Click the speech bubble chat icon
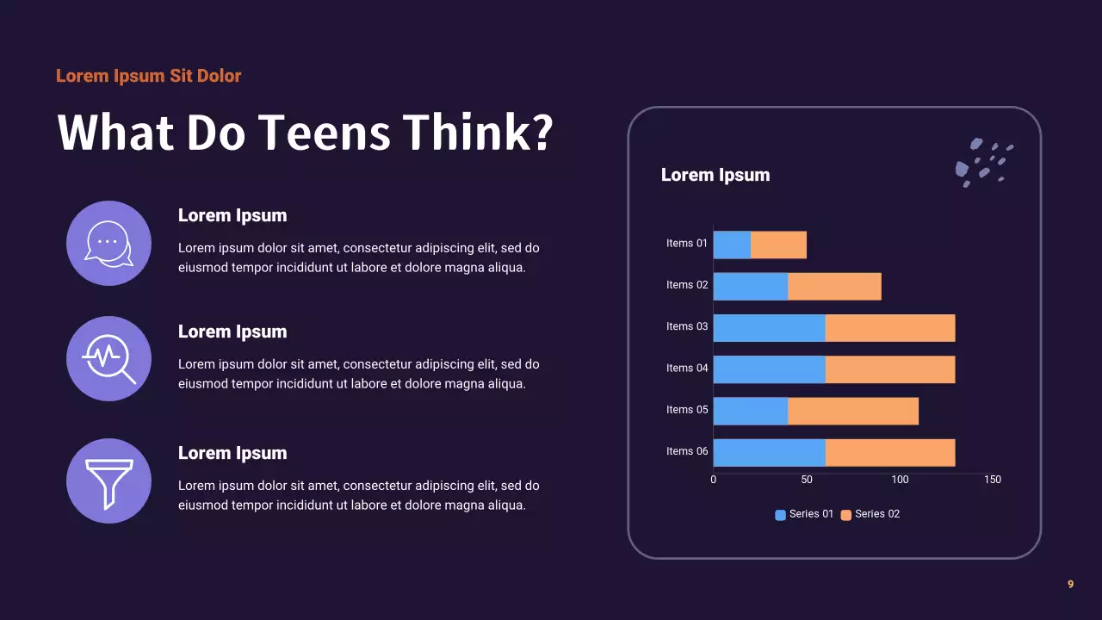[108, 243]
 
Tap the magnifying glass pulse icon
[108, 358]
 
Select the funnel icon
[108, 480]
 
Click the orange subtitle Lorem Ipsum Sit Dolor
[148, 76]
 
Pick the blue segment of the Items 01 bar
[732, 245]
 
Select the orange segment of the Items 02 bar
[834, 286]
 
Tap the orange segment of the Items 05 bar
[852, 411]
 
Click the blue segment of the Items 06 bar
[769, 452]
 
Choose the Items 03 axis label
[687, 326]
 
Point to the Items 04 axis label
[687, 368]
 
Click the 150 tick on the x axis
[992, 480]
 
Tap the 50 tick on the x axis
[807, 480]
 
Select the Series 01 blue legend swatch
[780, 515]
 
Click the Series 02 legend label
[877, 514]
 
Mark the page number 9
[1070, 584]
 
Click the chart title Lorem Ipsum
[715, 175]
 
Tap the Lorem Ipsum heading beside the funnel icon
[232, 453]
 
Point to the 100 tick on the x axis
[900, 480]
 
